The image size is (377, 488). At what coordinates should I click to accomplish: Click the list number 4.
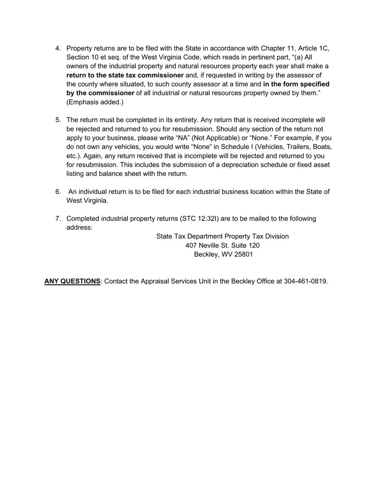(58, 48)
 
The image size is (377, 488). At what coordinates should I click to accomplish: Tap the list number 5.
(58, 120)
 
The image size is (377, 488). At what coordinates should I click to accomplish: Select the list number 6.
(58, 192)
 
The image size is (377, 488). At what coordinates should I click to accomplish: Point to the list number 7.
(58, 219)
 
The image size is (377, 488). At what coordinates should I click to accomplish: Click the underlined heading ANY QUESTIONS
(72, 281)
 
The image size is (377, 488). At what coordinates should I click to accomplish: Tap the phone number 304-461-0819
(305, 281)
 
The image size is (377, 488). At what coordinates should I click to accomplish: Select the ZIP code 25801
(243, 254)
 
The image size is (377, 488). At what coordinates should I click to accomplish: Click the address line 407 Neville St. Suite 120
(222, 246)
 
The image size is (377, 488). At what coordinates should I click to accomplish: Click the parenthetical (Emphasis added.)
(95, 102)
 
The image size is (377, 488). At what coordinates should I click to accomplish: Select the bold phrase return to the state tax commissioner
(125, 75)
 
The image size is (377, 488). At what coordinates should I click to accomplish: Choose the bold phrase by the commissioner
(100, 93)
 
